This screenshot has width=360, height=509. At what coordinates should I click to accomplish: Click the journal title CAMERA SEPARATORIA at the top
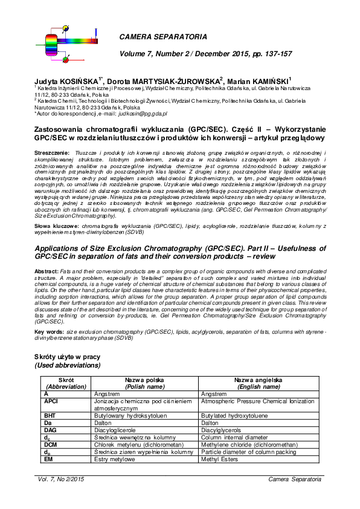pos(162,37)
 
